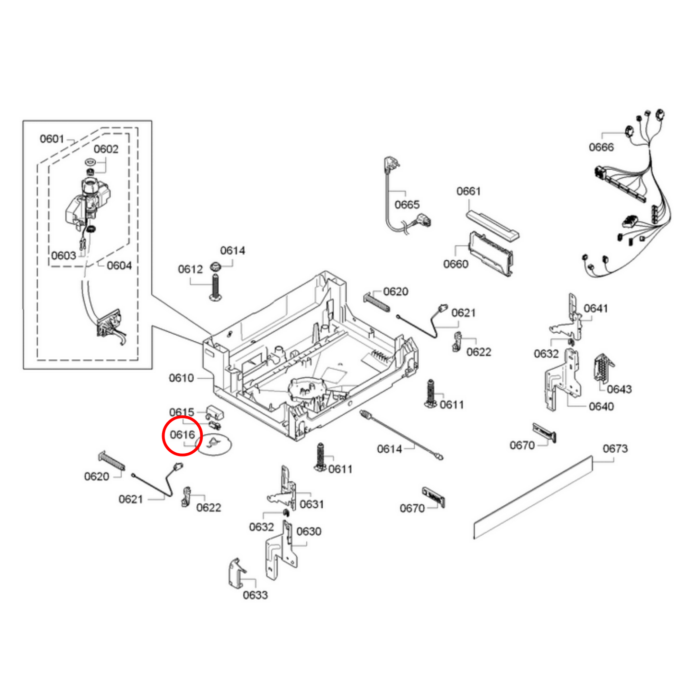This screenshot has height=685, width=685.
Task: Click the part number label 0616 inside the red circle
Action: click(x=182, y=435)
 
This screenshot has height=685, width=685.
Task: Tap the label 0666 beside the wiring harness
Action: click(x=601, y=147)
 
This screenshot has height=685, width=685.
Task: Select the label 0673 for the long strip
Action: click(x=615, y=448)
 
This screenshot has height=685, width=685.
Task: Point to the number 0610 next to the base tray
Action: click(x=181, y=378)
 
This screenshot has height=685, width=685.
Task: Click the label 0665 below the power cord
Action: click(x=407, y=205)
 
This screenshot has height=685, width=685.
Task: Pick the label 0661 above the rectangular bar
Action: click(x=468, y=191)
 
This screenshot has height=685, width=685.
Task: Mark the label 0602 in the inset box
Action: click(x=106, y=149)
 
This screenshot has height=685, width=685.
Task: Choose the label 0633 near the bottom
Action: click(x=255, y=595)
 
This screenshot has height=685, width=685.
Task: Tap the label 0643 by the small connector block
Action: click(x=619, y=389)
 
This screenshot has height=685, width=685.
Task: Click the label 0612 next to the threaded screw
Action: click(x=190, y=269)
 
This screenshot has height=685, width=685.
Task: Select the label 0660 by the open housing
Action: click(x=456, y=264)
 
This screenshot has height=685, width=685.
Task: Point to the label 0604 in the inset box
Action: click(x=119, y=265)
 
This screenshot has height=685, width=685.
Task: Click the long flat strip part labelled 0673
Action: click(x=533, y=498)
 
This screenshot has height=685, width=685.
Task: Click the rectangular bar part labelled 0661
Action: click(x=492, y=226)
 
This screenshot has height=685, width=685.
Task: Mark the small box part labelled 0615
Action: click(x=216, y=411)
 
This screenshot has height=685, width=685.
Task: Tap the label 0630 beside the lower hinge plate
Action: click(x=309, y=531)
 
